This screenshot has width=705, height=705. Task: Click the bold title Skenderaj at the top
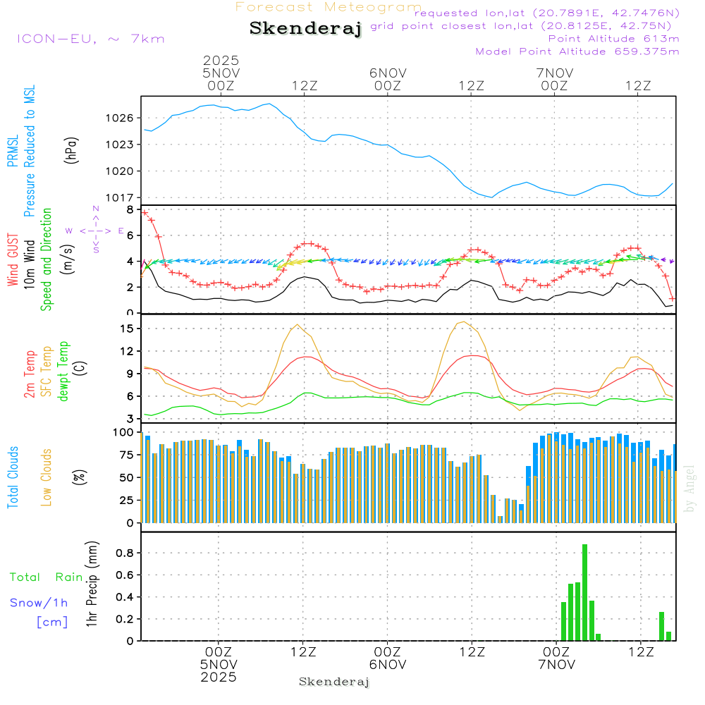[x=305, y=28]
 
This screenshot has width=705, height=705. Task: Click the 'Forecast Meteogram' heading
[x=329, y=7]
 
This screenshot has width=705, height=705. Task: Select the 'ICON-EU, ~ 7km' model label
[x=90, y=39]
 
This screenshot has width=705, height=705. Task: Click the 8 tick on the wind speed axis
[x=129, y=209]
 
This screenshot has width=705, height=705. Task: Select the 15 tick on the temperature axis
[x=128, y=328]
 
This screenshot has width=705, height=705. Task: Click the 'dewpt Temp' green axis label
[x=63, y=372]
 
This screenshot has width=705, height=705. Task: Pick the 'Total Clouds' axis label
[x=13, y=478]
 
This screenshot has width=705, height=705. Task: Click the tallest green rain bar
[x=584, y=592]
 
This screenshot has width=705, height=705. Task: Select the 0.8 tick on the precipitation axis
[x=125, y=553]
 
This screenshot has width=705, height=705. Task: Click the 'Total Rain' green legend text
[x=46, y=577]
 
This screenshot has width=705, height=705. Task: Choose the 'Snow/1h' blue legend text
[x=39, y=603]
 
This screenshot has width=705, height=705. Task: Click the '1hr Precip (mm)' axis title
[x=92, y=584]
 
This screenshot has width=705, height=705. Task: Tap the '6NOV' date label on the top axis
[x=388, y=73]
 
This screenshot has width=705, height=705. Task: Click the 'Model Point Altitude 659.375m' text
[x=577, y=51]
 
